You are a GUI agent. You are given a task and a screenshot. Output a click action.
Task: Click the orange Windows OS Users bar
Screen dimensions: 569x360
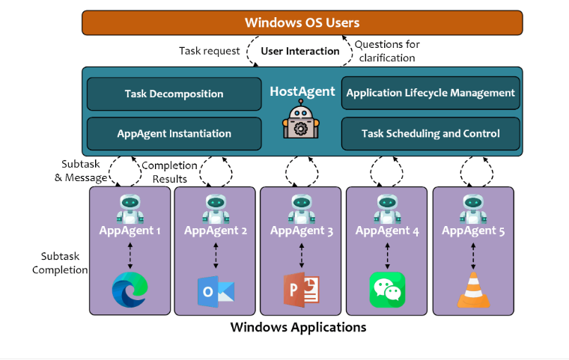coord(302,22)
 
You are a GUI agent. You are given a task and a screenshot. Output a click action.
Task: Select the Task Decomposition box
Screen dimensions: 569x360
coord(174,94)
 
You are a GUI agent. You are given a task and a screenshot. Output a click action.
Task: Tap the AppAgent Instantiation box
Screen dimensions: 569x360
coord(174,133)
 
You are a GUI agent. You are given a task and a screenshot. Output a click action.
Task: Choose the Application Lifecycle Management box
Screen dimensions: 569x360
coord(430,93)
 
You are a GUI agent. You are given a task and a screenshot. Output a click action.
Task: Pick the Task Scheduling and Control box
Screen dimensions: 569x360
coord(430,133)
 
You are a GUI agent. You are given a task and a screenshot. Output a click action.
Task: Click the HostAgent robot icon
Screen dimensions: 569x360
coord(301,119)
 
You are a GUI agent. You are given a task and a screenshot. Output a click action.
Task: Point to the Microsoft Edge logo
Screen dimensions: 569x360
coord(130,290)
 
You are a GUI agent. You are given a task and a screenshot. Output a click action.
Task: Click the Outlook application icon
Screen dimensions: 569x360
coord(216,291)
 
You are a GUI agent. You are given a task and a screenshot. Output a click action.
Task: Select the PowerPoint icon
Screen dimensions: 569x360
coord(302,290)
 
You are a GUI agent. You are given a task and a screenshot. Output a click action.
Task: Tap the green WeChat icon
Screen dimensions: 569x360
coord(387,290)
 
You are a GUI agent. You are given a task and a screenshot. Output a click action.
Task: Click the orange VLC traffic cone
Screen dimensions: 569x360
coord(473,290)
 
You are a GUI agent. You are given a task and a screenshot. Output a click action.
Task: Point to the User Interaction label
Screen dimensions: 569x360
coord(300,51)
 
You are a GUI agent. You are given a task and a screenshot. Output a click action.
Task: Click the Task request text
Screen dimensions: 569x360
coord(210,51)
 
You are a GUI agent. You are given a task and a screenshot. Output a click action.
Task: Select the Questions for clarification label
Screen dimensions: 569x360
coord(387,51)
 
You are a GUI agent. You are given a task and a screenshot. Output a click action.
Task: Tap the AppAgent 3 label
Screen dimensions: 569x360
coord(302,231)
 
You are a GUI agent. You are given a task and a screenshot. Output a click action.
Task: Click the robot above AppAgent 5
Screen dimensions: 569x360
coord(473,209)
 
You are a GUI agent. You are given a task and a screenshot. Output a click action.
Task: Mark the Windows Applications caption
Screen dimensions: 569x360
coord(298,327)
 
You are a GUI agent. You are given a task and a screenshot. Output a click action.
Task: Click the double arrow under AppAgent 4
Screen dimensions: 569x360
coord(387,256)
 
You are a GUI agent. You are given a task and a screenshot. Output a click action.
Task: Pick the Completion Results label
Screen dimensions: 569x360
coord(169,172)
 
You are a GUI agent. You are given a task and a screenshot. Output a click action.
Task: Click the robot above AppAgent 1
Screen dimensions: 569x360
coord(130,209)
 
